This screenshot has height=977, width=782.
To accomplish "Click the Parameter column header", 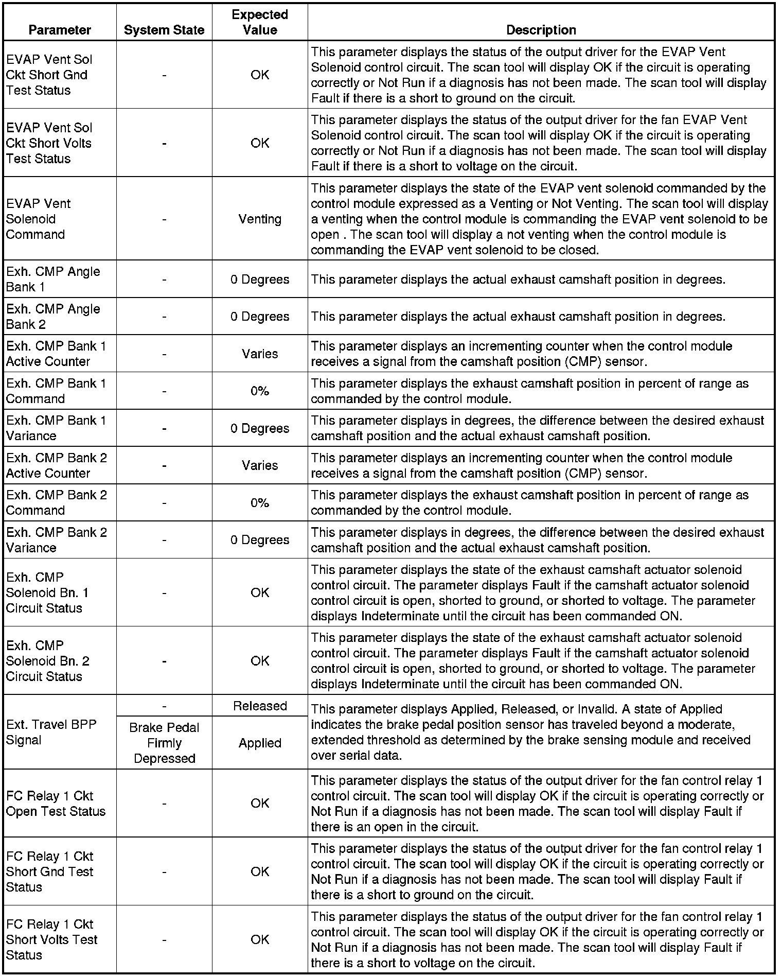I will [60, 30].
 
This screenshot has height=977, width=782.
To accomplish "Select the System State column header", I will [164, 30].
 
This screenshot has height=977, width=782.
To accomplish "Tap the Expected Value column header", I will [260, 22].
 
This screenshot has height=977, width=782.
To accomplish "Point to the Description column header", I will [541, 30].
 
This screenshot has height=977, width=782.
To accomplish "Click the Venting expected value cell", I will [260, 219].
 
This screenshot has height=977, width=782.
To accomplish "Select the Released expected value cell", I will [260, 706].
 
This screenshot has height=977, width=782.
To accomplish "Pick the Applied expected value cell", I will [260, 743].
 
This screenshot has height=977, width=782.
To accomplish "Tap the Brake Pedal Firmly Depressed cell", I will [164, 743].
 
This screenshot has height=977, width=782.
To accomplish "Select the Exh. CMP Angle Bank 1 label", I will [53, 279].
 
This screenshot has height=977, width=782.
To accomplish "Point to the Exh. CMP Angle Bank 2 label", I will [53, 317].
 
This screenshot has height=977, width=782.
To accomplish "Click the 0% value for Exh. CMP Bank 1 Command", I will [260, 391].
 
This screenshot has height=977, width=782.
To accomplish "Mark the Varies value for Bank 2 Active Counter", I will [260, 465].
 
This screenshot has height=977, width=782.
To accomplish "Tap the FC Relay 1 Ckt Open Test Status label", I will [56, 804].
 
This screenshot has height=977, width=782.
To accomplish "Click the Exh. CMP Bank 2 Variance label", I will [56, 540].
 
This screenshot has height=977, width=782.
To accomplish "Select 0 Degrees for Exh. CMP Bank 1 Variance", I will [260, 428].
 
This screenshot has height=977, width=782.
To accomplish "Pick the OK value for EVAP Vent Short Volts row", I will [260, 143].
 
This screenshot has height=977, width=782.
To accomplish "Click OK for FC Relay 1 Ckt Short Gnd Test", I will [260, 871].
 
